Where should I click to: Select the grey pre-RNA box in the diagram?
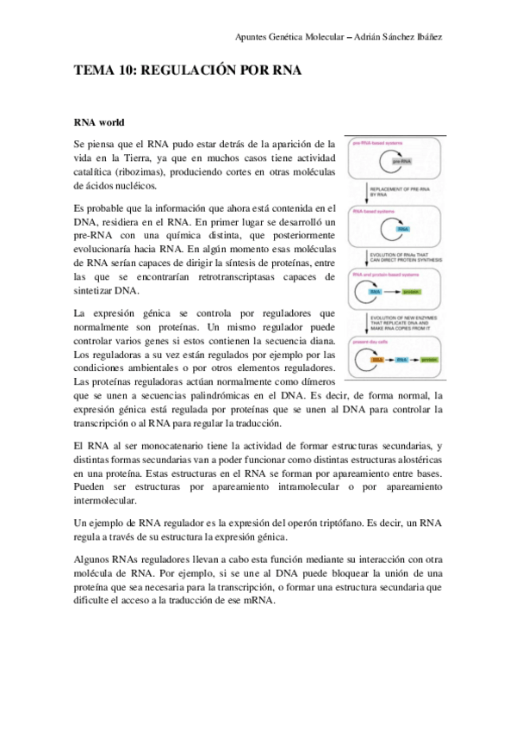pyautogui.click(x=401, y=161)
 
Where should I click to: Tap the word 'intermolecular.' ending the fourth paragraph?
pyautogui.click(x=104, y=501)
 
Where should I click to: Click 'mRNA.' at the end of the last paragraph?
pyautogui.click(x=258, y=600)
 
